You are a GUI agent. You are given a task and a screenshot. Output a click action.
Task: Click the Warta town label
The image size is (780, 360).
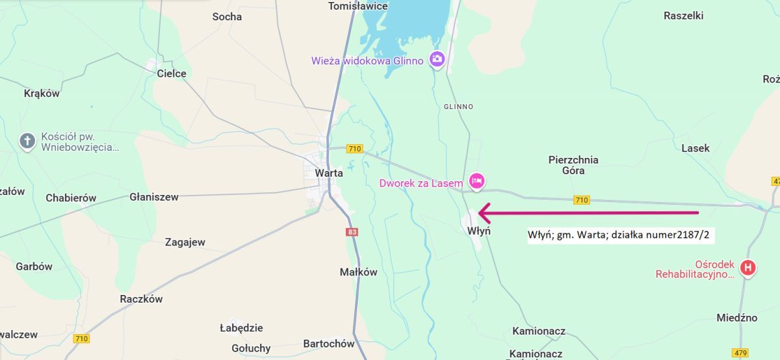[x=328, y=173]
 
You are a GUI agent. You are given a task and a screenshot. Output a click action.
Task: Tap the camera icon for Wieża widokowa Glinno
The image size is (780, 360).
[x=437, y=60]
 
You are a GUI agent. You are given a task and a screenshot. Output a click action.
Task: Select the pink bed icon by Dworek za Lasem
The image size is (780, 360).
[x=476, y=181]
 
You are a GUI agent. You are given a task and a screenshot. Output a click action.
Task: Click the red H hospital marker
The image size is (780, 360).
[x=748, y=267]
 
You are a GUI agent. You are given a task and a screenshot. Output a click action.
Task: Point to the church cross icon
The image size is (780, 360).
[x=27, y=141]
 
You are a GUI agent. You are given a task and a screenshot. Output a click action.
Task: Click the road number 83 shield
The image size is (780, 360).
[x=352, y=231]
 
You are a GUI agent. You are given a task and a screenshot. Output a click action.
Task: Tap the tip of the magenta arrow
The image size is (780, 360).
[x=480, y=212]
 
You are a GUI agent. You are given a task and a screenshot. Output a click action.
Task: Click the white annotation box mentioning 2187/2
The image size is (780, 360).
[x=620, y=235]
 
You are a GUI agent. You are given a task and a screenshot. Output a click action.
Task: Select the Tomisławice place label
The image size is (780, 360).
[x=358, y=6]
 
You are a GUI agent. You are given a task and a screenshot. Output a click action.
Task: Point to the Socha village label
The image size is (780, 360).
[x=227, y=16]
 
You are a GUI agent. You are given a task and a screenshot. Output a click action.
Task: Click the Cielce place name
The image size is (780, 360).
[x=172, y=73]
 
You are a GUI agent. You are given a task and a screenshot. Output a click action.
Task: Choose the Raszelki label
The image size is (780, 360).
[x=683, y=16]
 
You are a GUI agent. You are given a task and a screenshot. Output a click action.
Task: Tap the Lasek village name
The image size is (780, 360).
[x=695, y=148]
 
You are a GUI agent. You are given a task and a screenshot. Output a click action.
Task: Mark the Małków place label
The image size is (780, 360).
[x=358, y=272]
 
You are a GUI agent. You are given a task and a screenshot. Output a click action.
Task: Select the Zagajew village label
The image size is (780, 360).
[x=185, y=242]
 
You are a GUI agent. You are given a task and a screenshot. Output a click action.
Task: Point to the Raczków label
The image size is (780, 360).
[x=141, y=299]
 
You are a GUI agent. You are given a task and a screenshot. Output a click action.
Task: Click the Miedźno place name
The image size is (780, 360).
[x=736, y=318]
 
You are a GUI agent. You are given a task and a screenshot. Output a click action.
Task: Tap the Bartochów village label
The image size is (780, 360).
[x=329, y=344]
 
